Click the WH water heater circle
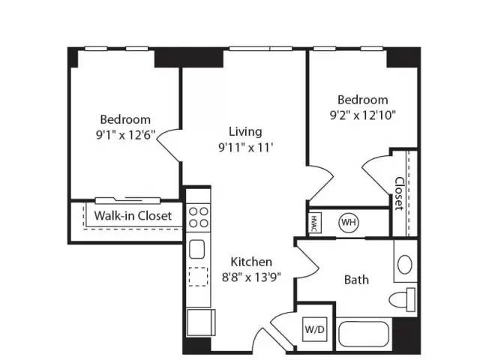click(349, 222)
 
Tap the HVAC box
click(314, 223)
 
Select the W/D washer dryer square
click(315, 329)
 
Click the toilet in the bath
click(402, 299)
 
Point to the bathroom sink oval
click(405, 265)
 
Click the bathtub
click(364, 334)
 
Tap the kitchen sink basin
click(196, 249)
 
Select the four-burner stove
click(198, 217)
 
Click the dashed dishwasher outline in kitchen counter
click(198, 277)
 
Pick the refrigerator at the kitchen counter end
click(201, 322)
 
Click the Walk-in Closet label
click(133, 216)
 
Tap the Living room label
click(245, 131)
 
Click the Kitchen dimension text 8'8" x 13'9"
click(251, 277)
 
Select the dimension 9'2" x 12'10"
click(363, 115)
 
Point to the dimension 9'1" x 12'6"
click(125, 135)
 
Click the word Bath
click(356, 280)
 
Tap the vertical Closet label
click(399, 193)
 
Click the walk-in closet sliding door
click(127, 200)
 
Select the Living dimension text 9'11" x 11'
click(245, 148)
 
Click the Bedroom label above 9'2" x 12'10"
click(363, 100)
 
